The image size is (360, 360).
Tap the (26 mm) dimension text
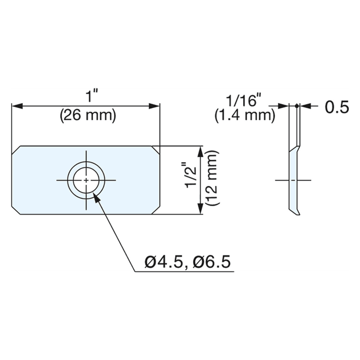(88, 116)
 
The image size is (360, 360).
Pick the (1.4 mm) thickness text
(245, 116)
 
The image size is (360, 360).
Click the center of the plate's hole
(86, 180)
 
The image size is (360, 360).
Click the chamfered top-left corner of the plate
(15, 149)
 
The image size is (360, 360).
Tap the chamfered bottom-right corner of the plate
(156, 210)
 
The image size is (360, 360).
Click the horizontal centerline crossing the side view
(292, 180)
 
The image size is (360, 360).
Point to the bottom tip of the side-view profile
(297, 214)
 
